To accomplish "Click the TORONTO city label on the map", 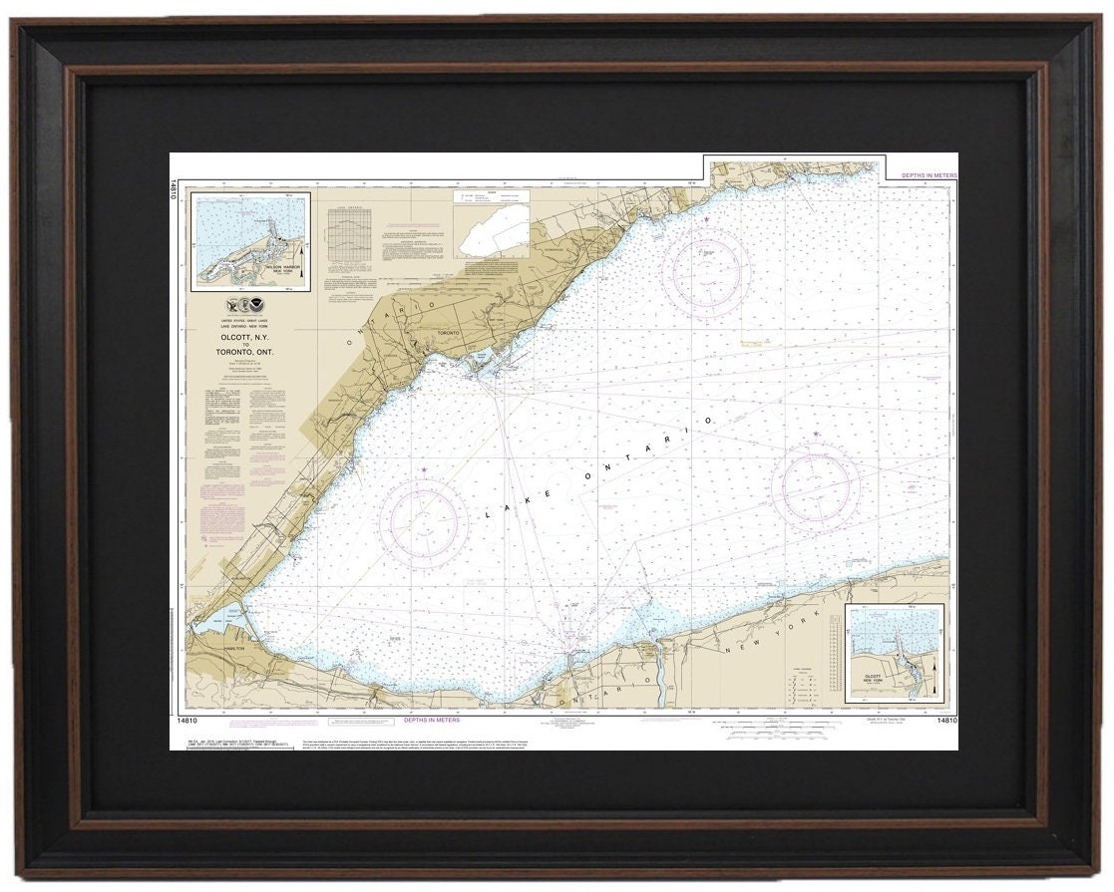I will (453, 335).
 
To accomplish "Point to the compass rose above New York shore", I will (816, 484).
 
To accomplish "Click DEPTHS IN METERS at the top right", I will (928, 174).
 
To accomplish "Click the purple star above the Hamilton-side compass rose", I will (424, 470).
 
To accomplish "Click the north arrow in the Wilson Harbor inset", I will (301, 267).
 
